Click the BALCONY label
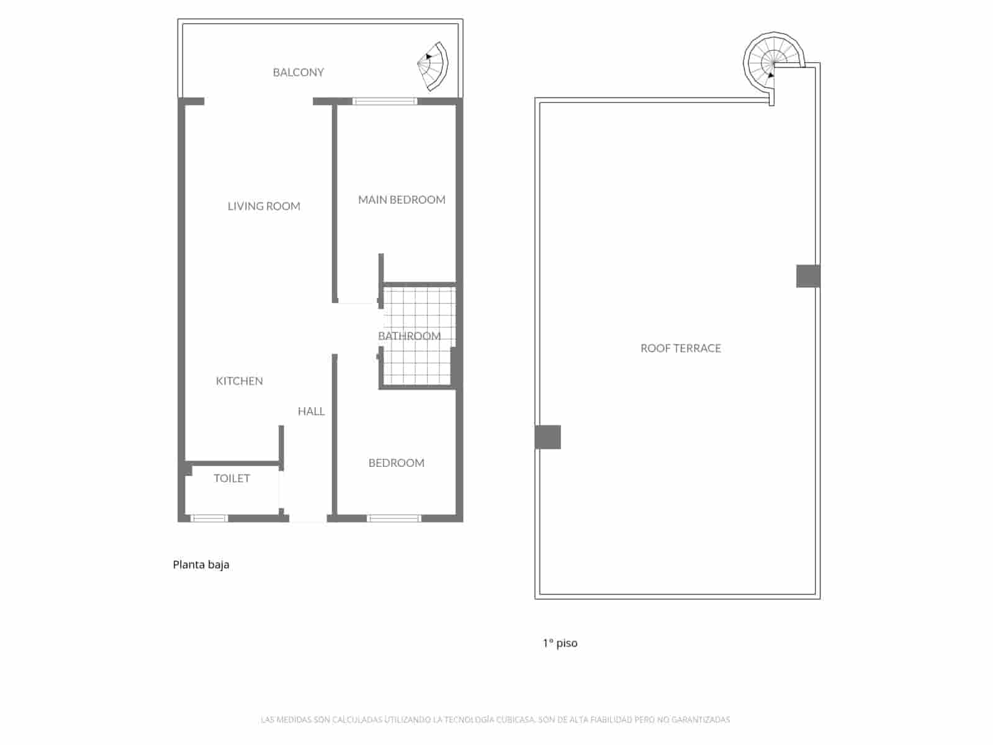point(298,72)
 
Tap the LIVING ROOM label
point(264,206)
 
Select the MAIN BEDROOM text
point(402,199)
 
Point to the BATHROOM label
point(409,336)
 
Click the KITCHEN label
point(239,381)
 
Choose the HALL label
point(311,411)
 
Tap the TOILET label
point(231,478)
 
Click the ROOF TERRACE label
point(680,348)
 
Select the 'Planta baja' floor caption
point(201,564)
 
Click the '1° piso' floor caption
point(560,643)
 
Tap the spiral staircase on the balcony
point(434,65)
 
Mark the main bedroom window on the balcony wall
point(385,101)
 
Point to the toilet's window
point(209,518)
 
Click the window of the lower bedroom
point(394,518)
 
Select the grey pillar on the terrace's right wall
point(807,276)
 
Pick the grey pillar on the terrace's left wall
point(547,437)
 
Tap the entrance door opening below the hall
point(308,519)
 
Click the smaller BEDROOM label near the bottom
point(396,463)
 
